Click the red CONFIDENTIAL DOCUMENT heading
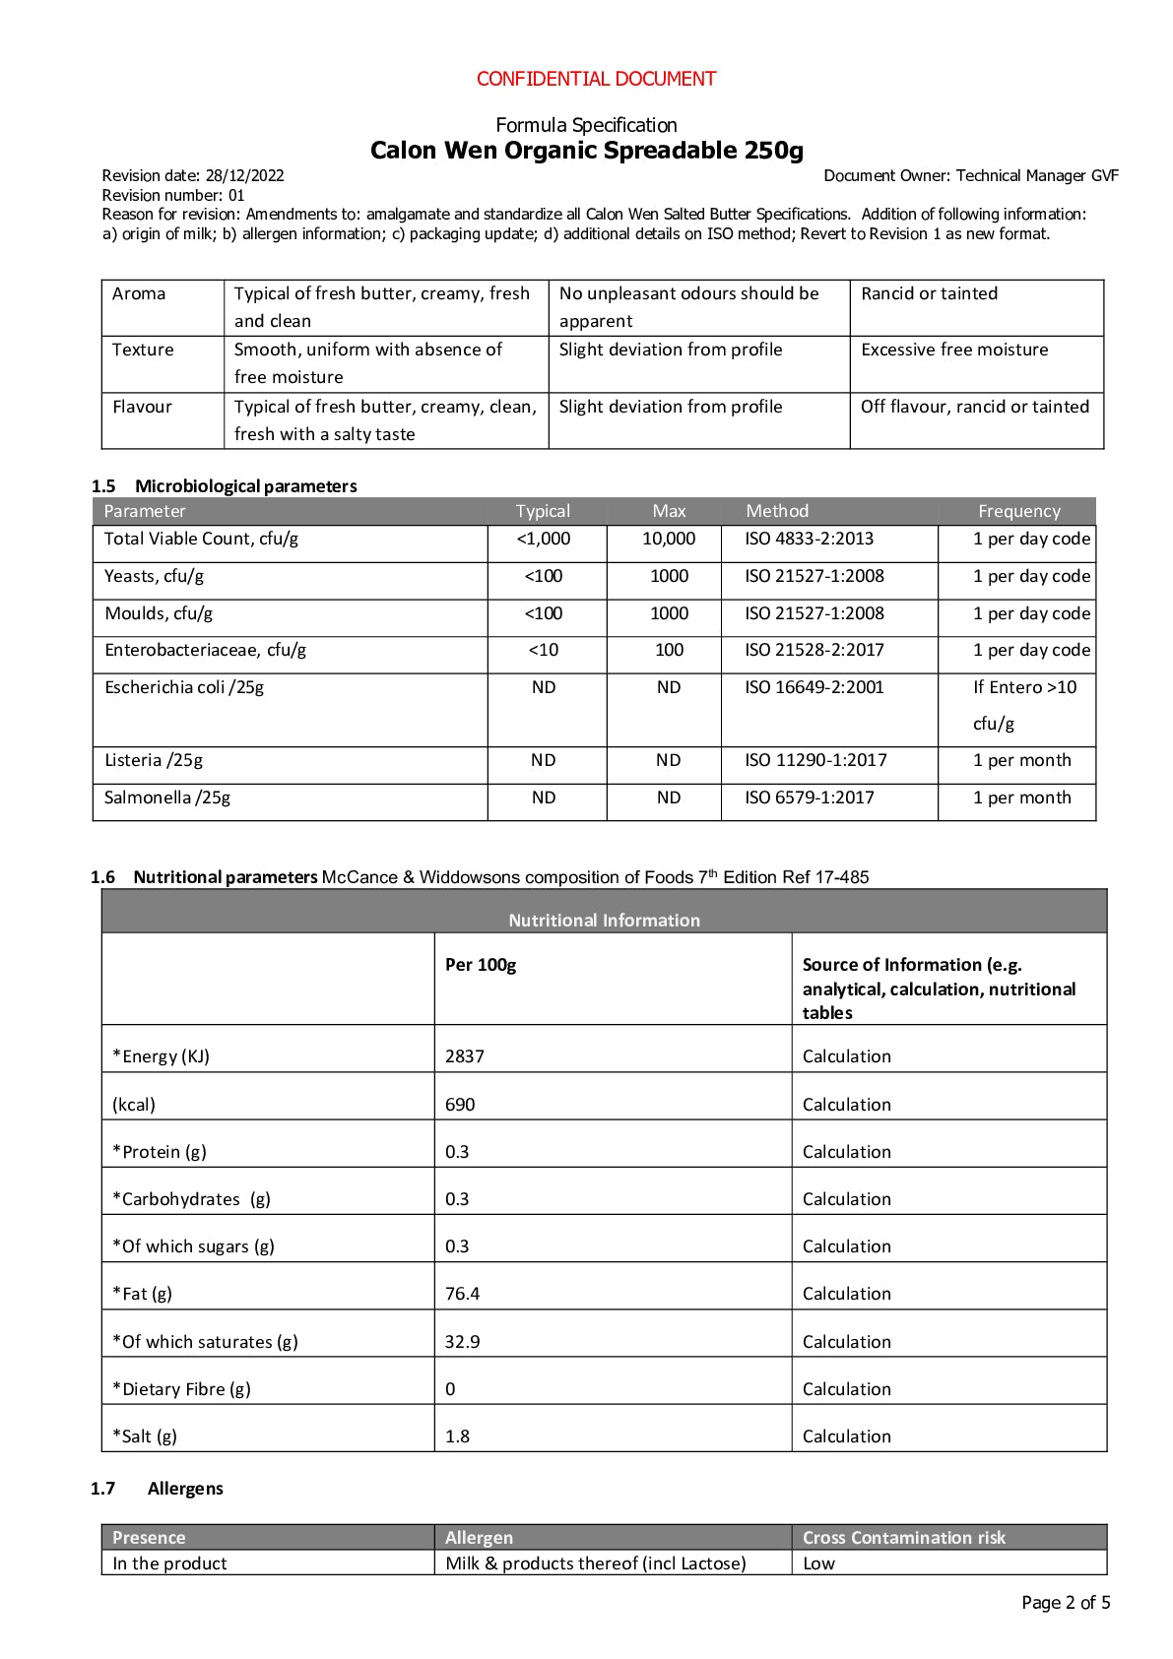[x=596, y=79]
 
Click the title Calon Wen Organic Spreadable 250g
[x=586, y=151]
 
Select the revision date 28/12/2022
[x=244, y=176]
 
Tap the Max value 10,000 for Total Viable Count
[x=669, y=539]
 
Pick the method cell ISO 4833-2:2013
[x=809, y=539]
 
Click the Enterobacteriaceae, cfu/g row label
[x=205, y=650]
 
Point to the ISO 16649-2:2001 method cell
[x=814, y=687]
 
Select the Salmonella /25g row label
[x=167, y=798]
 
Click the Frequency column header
[x=1018, y=511]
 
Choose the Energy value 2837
[x=465, y=1056]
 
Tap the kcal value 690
[x=460, y=1105]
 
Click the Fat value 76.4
[x=462, y=1294]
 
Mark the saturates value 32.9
[x=462, y=1342]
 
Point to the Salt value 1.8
[x=457, y=1436]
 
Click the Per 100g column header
[x=481, y=965]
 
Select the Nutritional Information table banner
[x=604, y=920]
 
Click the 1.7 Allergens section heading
[x=184, y=1489]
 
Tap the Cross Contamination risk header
[x=903, y=1538]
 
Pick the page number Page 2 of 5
[x=1065, y=1603]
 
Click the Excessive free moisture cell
[x=953, y=350]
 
